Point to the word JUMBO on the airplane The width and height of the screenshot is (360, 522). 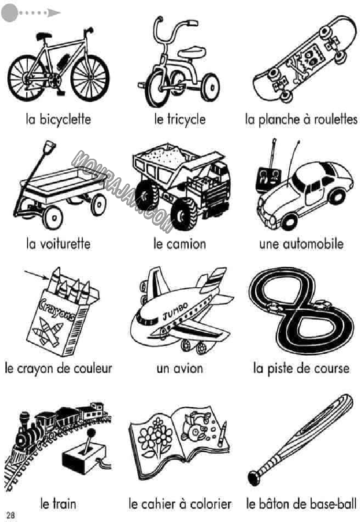click(175, 311)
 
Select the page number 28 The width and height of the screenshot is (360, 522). click(11, 515)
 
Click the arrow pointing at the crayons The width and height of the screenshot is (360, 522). click(36, 275)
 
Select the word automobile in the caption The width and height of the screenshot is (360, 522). click(313, 244)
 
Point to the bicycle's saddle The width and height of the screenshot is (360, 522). click(44, 36)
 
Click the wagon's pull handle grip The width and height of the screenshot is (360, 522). click(49, 147)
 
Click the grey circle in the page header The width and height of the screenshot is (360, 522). click(10, 13)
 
